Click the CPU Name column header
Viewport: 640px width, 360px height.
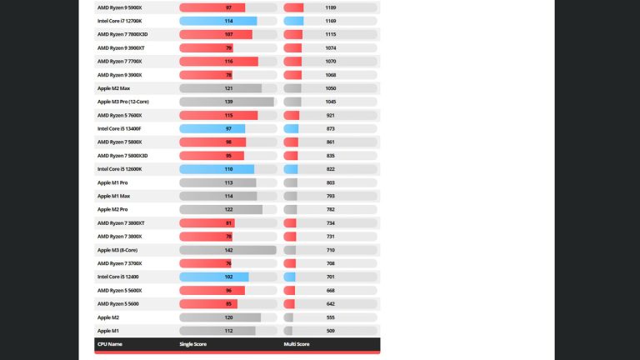(x=109, y=343)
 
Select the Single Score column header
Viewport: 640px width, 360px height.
(x=192, y=343)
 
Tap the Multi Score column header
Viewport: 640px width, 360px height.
(x=297, y=343)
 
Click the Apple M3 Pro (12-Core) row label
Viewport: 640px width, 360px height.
(x=122, y=102)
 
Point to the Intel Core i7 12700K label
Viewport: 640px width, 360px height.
(x=119, y=21)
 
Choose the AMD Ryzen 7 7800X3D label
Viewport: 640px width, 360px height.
(x=122, y=34)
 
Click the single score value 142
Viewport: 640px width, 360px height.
(x=228, y=250)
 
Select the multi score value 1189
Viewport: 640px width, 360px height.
(x=331, y=7)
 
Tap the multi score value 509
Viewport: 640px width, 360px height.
(x=331, y=331)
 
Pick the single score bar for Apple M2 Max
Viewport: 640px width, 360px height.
(x=220, y=88)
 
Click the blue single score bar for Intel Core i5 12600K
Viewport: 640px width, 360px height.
(x=217, y=169)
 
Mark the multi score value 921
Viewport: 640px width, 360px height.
(x=331, y=115)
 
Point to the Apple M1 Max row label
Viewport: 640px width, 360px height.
(x=113, y=196)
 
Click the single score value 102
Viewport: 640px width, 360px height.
(x=228, y=277)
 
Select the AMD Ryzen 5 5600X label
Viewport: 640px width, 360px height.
(x=119, y=290)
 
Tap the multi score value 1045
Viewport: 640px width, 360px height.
(x=331, y=102)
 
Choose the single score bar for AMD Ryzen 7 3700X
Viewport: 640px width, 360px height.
(x=205, y=263)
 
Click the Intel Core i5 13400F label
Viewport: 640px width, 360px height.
(x=119, y=128)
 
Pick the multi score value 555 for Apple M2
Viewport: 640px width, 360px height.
(x=331, y=317)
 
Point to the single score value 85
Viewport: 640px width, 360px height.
(x=228, y=304)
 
